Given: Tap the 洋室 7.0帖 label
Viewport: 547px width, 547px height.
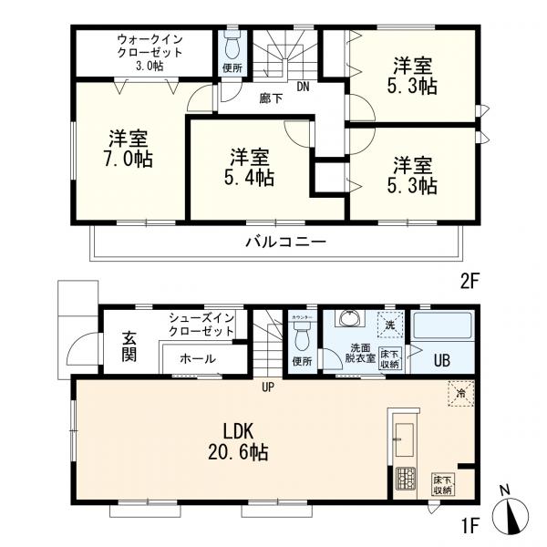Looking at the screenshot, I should coord(130,149).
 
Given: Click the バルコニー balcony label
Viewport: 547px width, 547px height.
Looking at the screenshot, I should coord(284,243).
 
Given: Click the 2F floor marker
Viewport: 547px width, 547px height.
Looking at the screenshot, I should coord(469,283).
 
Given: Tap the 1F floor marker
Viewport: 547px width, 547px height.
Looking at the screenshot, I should coord(469,526).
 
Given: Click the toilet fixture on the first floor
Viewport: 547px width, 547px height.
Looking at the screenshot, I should coord(302,336).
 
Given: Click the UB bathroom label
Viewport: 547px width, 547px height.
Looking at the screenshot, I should coord(442,359).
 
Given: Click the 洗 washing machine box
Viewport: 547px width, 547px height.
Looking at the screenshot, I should coord(388,324).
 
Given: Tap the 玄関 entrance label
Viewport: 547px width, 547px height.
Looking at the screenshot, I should coord(129,346).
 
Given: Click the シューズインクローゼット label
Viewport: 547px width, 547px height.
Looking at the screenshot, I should coord(201,324).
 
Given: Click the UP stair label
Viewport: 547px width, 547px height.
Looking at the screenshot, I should coord(268,387).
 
